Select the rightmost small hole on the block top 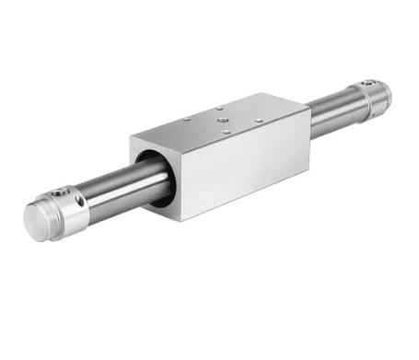pyautogui.click(x=259, y=121)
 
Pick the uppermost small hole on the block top pyautogui.click(x=220, y=108)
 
